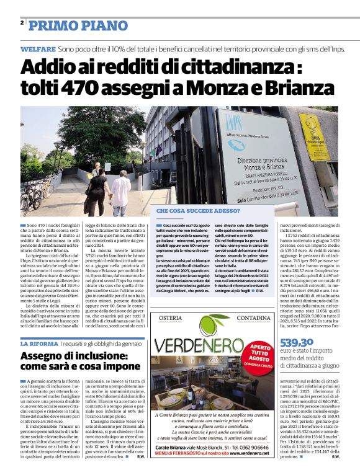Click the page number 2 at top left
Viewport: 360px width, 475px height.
22,22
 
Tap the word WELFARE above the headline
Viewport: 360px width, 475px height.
38,48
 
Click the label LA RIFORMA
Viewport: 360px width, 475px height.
39,343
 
